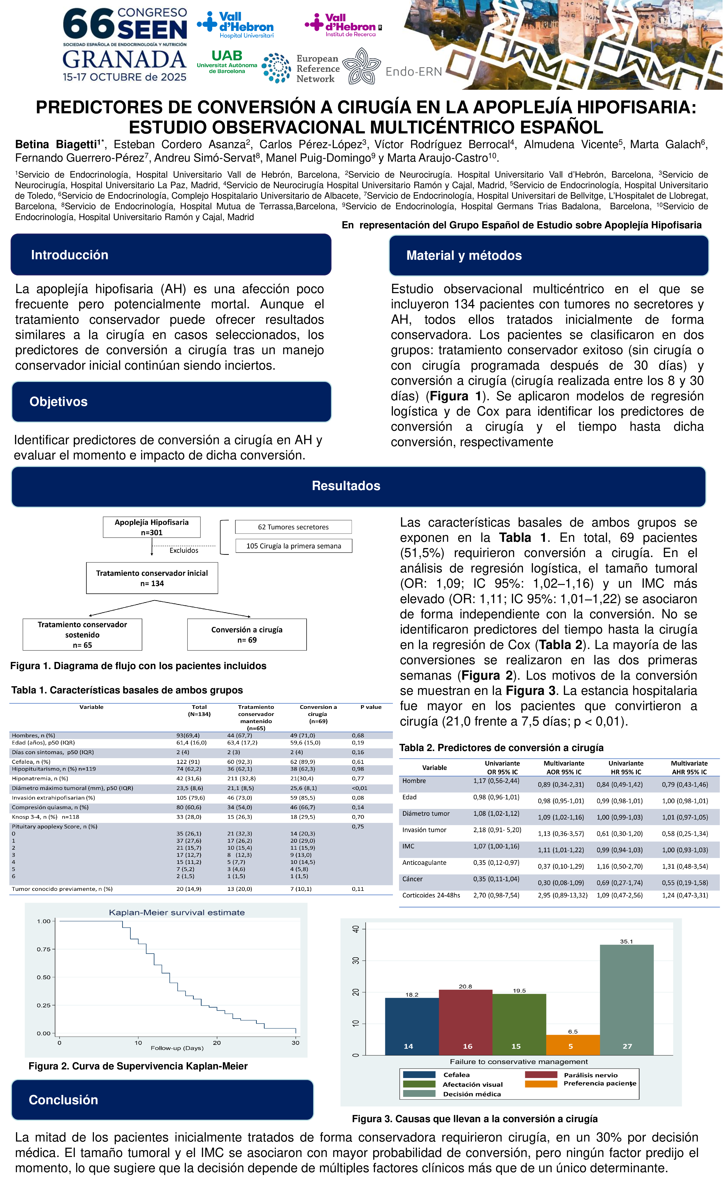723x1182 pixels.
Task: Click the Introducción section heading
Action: [70, 255]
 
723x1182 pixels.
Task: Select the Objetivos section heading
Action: [59, 402]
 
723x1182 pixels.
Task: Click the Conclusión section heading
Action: [63, 1100]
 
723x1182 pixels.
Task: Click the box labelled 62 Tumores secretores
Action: [293, 527]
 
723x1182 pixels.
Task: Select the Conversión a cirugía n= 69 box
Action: [246, 634]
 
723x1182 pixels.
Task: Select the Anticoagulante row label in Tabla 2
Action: [424, 862]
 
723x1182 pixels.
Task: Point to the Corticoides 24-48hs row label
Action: [431, 895]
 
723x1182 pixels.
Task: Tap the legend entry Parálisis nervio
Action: [590, 1075]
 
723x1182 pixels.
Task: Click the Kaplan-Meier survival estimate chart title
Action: [177, 912]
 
